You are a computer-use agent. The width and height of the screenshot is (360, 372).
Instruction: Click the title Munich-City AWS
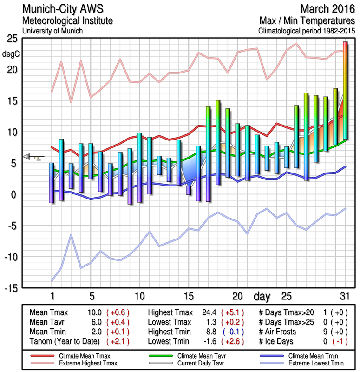60,9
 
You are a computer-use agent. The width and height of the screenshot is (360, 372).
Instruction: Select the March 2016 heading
327,9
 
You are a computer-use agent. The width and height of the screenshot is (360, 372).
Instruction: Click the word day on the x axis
262,296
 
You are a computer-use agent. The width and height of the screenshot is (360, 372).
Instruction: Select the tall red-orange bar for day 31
345,91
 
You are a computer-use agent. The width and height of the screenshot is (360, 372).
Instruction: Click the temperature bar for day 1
52,183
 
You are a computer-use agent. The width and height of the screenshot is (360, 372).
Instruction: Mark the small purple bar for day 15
189,190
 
